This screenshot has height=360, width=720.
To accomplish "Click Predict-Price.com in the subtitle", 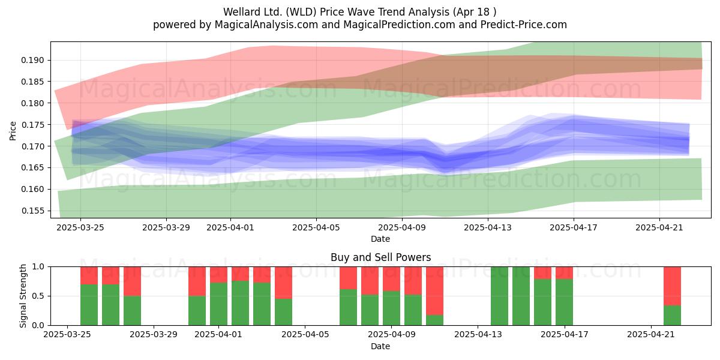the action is click(524, 25).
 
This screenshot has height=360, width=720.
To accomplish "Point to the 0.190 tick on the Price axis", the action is click(32, 60).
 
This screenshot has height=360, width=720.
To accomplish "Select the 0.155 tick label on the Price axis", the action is click(32, 211).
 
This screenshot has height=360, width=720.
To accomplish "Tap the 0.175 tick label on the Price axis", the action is click(32, 125).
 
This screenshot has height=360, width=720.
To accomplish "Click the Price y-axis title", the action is click(13, 131).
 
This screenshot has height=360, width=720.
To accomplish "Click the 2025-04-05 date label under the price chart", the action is click(316, 227).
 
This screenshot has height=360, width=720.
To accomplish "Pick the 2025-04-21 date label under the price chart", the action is click(659, 227).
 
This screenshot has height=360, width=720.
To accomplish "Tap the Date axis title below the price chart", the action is click(380, 239).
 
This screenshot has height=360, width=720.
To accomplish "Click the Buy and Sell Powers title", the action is click(380, 257).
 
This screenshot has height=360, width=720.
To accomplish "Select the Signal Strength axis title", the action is click(23, 296).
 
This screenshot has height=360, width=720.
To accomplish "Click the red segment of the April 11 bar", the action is click(434, 291).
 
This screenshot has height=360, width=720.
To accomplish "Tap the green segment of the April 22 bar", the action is click(672, 316).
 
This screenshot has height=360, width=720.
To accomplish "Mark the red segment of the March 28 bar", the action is click(132, 281).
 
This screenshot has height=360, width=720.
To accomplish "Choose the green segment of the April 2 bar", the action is click(240, 303).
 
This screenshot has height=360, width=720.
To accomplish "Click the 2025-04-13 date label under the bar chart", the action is click(478, 334).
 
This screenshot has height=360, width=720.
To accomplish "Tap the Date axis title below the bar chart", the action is click(380, 346).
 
